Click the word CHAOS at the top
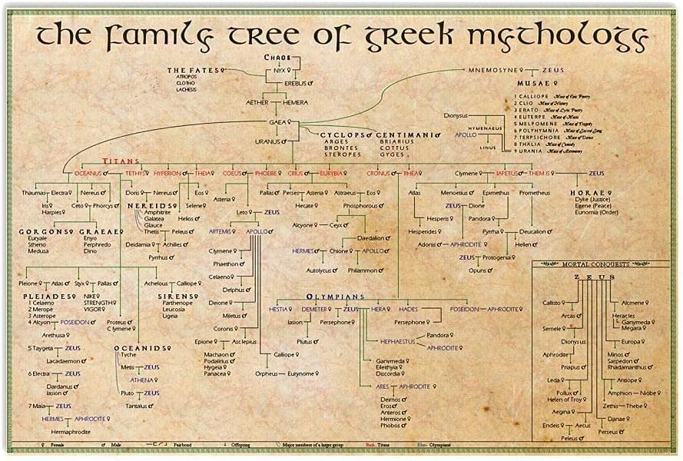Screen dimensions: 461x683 [x=277, y=58]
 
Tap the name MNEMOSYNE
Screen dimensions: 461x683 [x=492, y=70]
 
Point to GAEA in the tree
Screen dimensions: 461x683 [x=277, y=122]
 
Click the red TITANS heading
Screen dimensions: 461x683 [x=121, y=163]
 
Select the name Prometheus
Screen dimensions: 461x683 [x=534, y=192]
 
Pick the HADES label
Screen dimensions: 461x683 [x=408, y=309]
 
